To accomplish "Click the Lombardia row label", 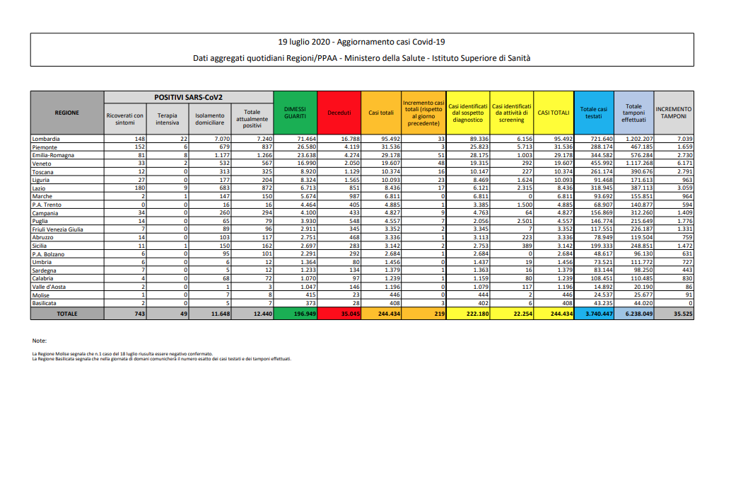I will pyautogui.click(x=47, y=139).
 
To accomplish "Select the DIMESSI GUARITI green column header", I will pyautogui.click(x=295, y=112).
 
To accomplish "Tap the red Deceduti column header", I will pyautogui.click(x=339, y=112).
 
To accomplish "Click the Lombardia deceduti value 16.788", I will pyautogui.click(x=346, y=139).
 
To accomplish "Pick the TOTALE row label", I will pyautogui.click(x=67, y=313).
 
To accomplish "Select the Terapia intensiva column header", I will pyautogui.click(x=168, y=119).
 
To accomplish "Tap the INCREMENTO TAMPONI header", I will pyautogui.click(x=673, y=112).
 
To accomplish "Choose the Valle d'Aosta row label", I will pyautogui.click(x=49, y=286).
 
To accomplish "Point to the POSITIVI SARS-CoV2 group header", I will pyautogui.click(x=188, y=96).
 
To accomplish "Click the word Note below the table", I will pyautogui.click(x=39, y=341).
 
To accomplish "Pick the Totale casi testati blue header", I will pyautogui.click(x=593, y=112).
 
